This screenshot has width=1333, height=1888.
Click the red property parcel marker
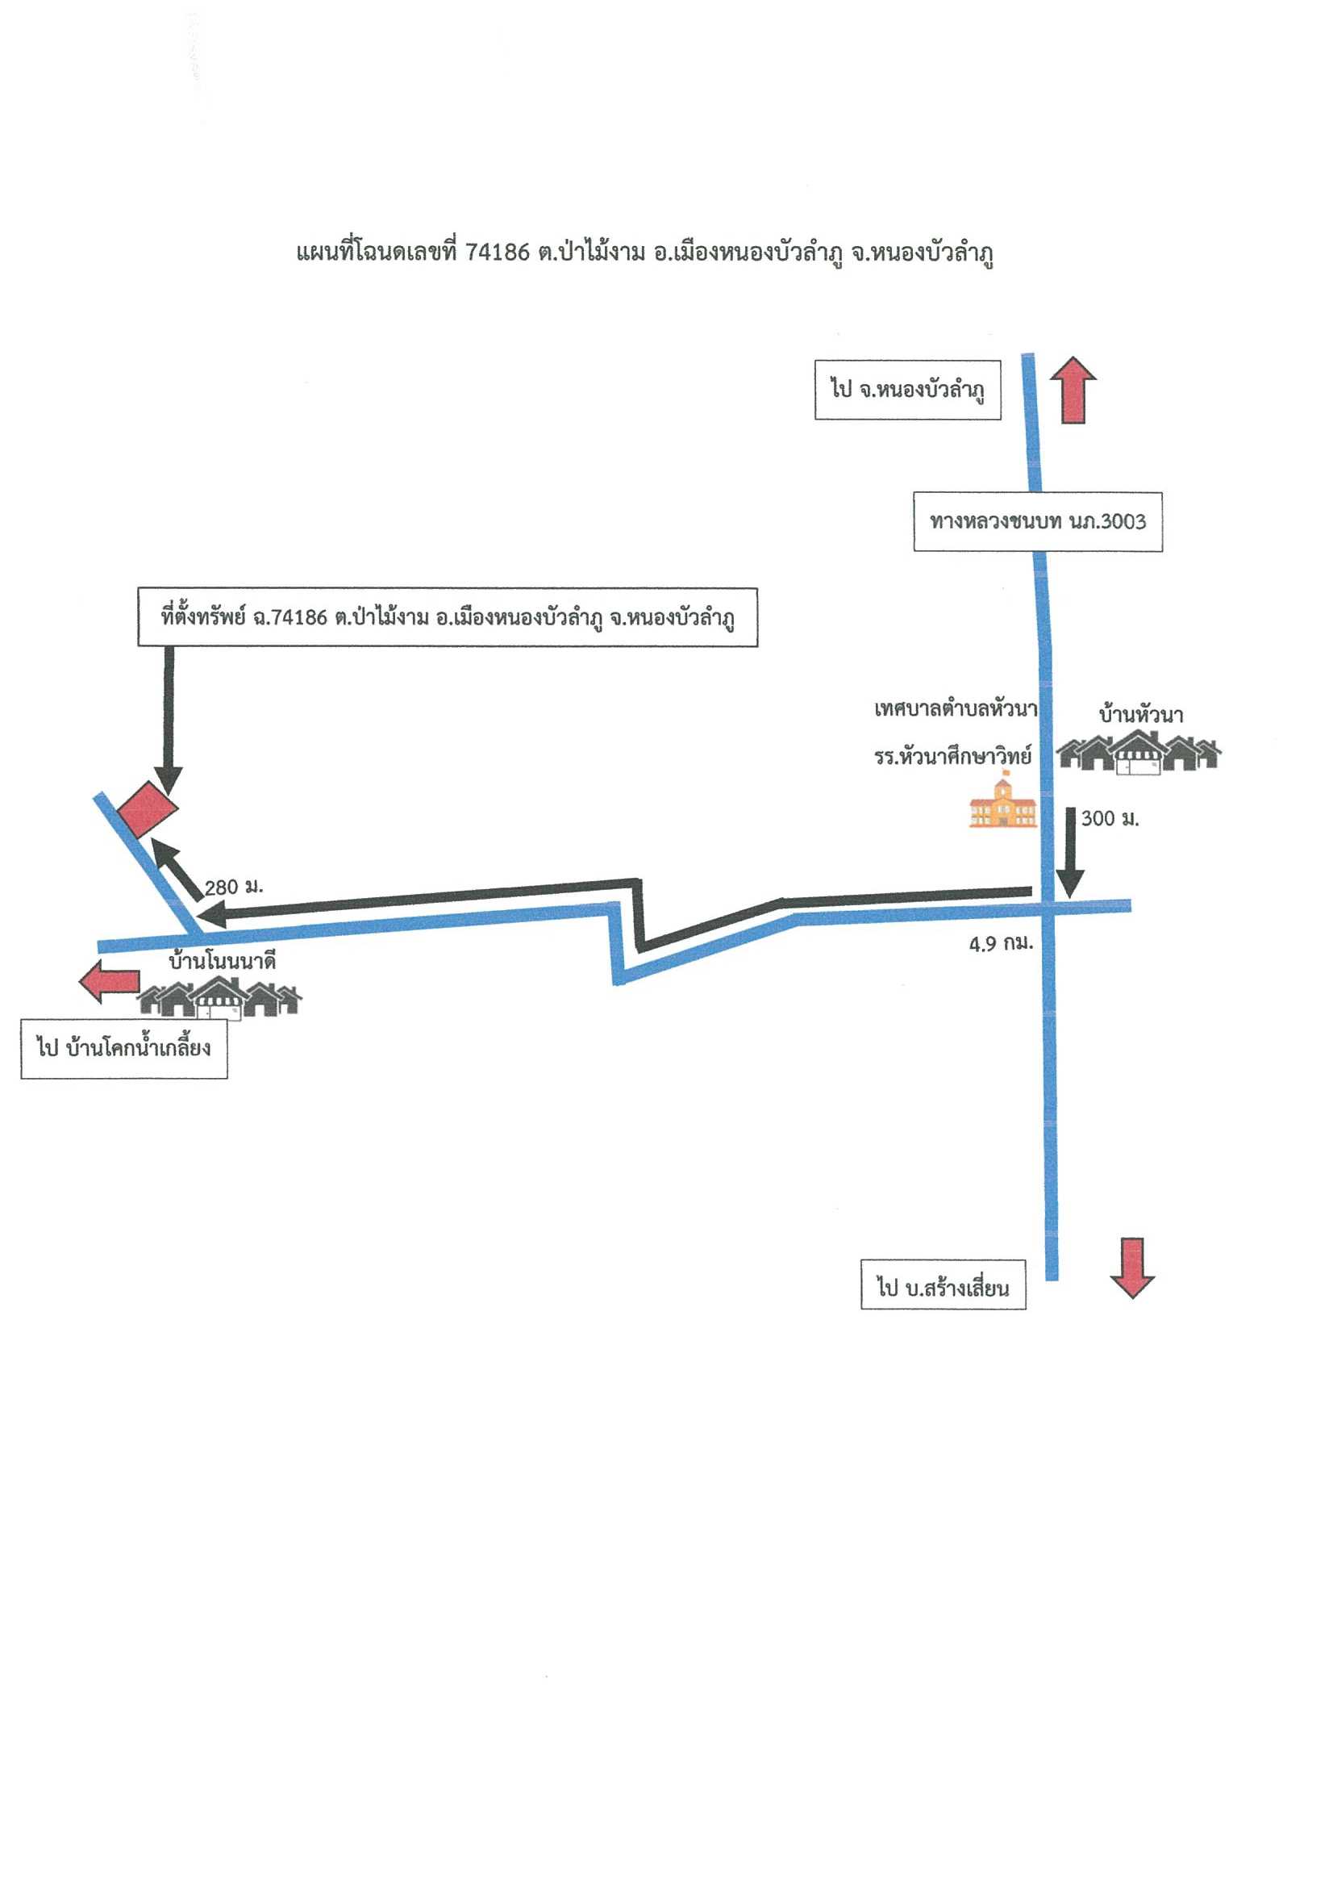[147, 808]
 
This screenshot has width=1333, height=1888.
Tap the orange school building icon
[1002, 804]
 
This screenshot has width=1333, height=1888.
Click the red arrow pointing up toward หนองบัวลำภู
[1073, 390]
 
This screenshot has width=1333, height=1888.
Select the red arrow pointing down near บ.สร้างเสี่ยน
[1131, 1268]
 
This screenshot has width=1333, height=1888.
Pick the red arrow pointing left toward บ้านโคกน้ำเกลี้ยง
[109, 982]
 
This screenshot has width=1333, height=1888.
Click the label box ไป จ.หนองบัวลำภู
[907, 390]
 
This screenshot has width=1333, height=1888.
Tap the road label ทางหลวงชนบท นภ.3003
[1037, 521]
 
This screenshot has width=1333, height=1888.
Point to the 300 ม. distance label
[1110, 819]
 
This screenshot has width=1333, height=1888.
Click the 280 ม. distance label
[234, 888]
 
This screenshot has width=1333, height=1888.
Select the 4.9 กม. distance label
[1000, 943]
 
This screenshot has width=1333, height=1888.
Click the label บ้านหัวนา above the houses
[1141, 716]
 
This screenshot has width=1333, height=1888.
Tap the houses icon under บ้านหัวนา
[1138, 752]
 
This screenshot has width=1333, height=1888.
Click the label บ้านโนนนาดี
[222, 960]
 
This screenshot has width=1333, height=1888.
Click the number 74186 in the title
[498, 253]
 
